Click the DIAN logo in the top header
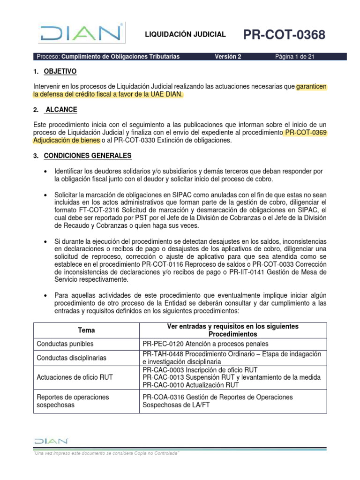[82, 34]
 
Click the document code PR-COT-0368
[284, 35]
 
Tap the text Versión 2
[228, 57]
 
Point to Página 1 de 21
[294, 57]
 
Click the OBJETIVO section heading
[60, 72]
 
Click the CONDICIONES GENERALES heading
[88, 155]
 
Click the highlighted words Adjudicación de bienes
[67, 140]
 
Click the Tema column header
[86, 330]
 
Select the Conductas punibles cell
[65, 344]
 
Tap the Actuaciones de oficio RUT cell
[75, 377]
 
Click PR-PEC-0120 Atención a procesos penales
[205, 344]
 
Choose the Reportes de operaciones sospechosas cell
[73, 401]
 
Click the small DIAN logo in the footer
[51, 441]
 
